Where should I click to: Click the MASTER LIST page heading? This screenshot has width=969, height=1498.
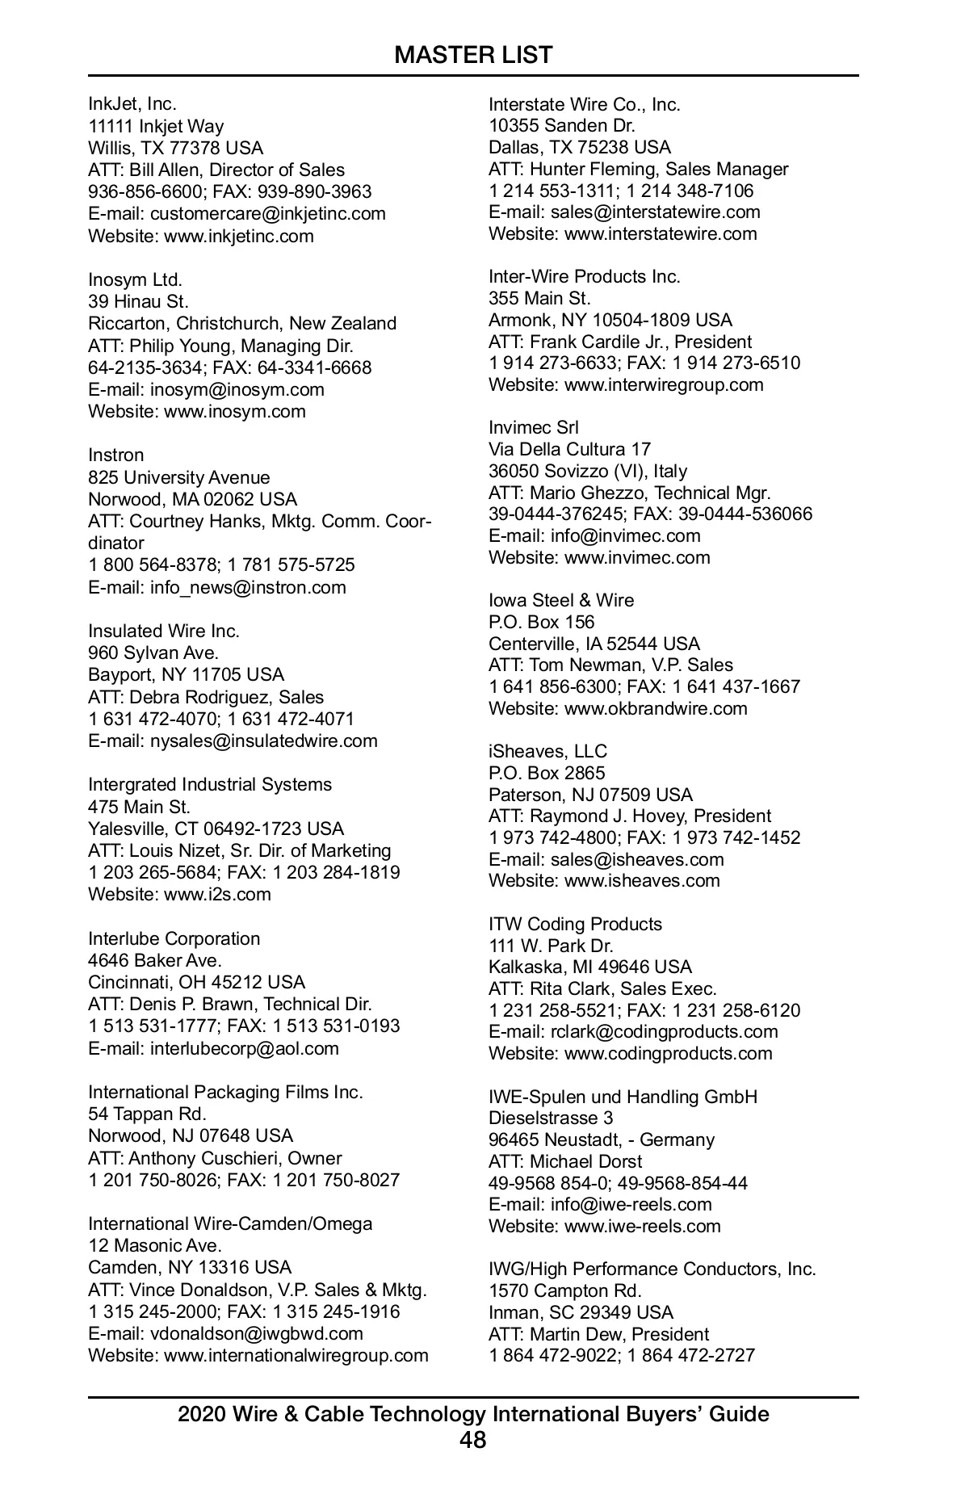click(473, 55)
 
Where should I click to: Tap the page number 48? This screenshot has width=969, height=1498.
click(473, 1439)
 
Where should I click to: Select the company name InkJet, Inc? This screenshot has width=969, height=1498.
click(132, 104)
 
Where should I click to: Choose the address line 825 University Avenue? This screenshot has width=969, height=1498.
click(179, 477)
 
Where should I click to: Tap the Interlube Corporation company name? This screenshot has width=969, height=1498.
click(174, 939)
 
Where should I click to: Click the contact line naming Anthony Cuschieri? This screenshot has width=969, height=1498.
click(215, 1159)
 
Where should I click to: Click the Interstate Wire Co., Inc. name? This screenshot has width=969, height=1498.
click(585, 105)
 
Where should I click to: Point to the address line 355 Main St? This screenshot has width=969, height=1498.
click(539, 299)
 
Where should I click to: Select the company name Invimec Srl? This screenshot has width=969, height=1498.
click(534, 428)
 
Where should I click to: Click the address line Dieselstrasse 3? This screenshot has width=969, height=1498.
click(551, 1118)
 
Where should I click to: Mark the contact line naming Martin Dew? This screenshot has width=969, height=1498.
click(599, 1334)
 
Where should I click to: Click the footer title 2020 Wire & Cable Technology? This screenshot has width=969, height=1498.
click(473, 1414)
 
